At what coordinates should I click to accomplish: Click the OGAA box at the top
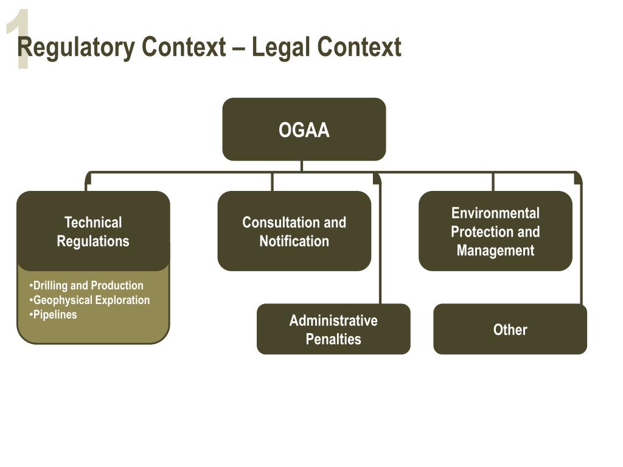[304, 130]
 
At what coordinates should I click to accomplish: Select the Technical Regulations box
[93, 231]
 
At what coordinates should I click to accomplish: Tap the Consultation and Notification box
[294, 231]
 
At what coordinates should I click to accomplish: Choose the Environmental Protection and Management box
[495, 231]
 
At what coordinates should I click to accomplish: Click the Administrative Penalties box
[333, 329]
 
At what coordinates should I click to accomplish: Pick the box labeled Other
[510, 329]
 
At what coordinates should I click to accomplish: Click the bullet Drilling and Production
[88, 285]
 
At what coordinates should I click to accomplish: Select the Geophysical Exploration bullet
[91, 300]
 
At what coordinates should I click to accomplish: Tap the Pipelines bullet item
[55, 314]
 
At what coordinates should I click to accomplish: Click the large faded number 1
[19, 40]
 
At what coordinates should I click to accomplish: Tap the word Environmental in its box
[495, 213]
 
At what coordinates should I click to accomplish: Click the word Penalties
[333, 339]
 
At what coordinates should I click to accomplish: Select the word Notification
[294, 241]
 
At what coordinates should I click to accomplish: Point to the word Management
[495, 250]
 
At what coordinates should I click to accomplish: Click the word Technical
[93, 222]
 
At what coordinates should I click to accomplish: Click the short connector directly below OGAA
[302, 166]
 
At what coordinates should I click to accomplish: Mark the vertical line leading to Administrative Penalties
[380, 243]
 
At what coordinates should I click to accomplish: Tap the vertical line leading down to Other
[581, 243]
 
